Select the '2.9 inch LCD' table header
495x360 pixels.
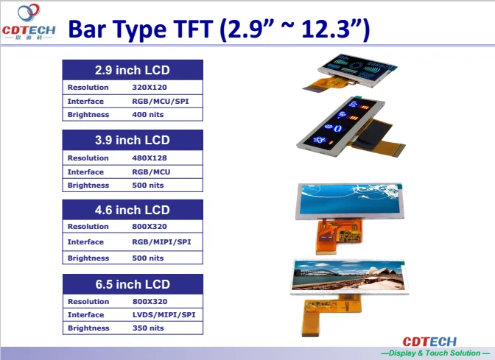[x=133, y=71]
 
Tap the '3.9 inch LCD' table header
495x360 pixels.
[x=133, y=141]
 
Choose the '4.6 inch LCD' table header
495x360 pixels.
[x=133, y=211]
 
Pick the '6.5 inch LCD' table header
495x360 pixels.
[x=133, y=284]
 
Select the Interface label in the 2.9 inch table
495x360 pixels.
[x=85, y=101]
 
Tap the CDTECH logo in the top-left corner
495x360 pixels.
[x=29, y=23]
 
